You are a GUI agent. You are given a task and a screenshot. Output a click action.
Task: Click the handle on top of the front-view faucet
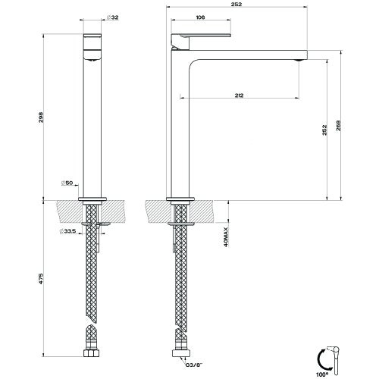coord(94,40)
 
